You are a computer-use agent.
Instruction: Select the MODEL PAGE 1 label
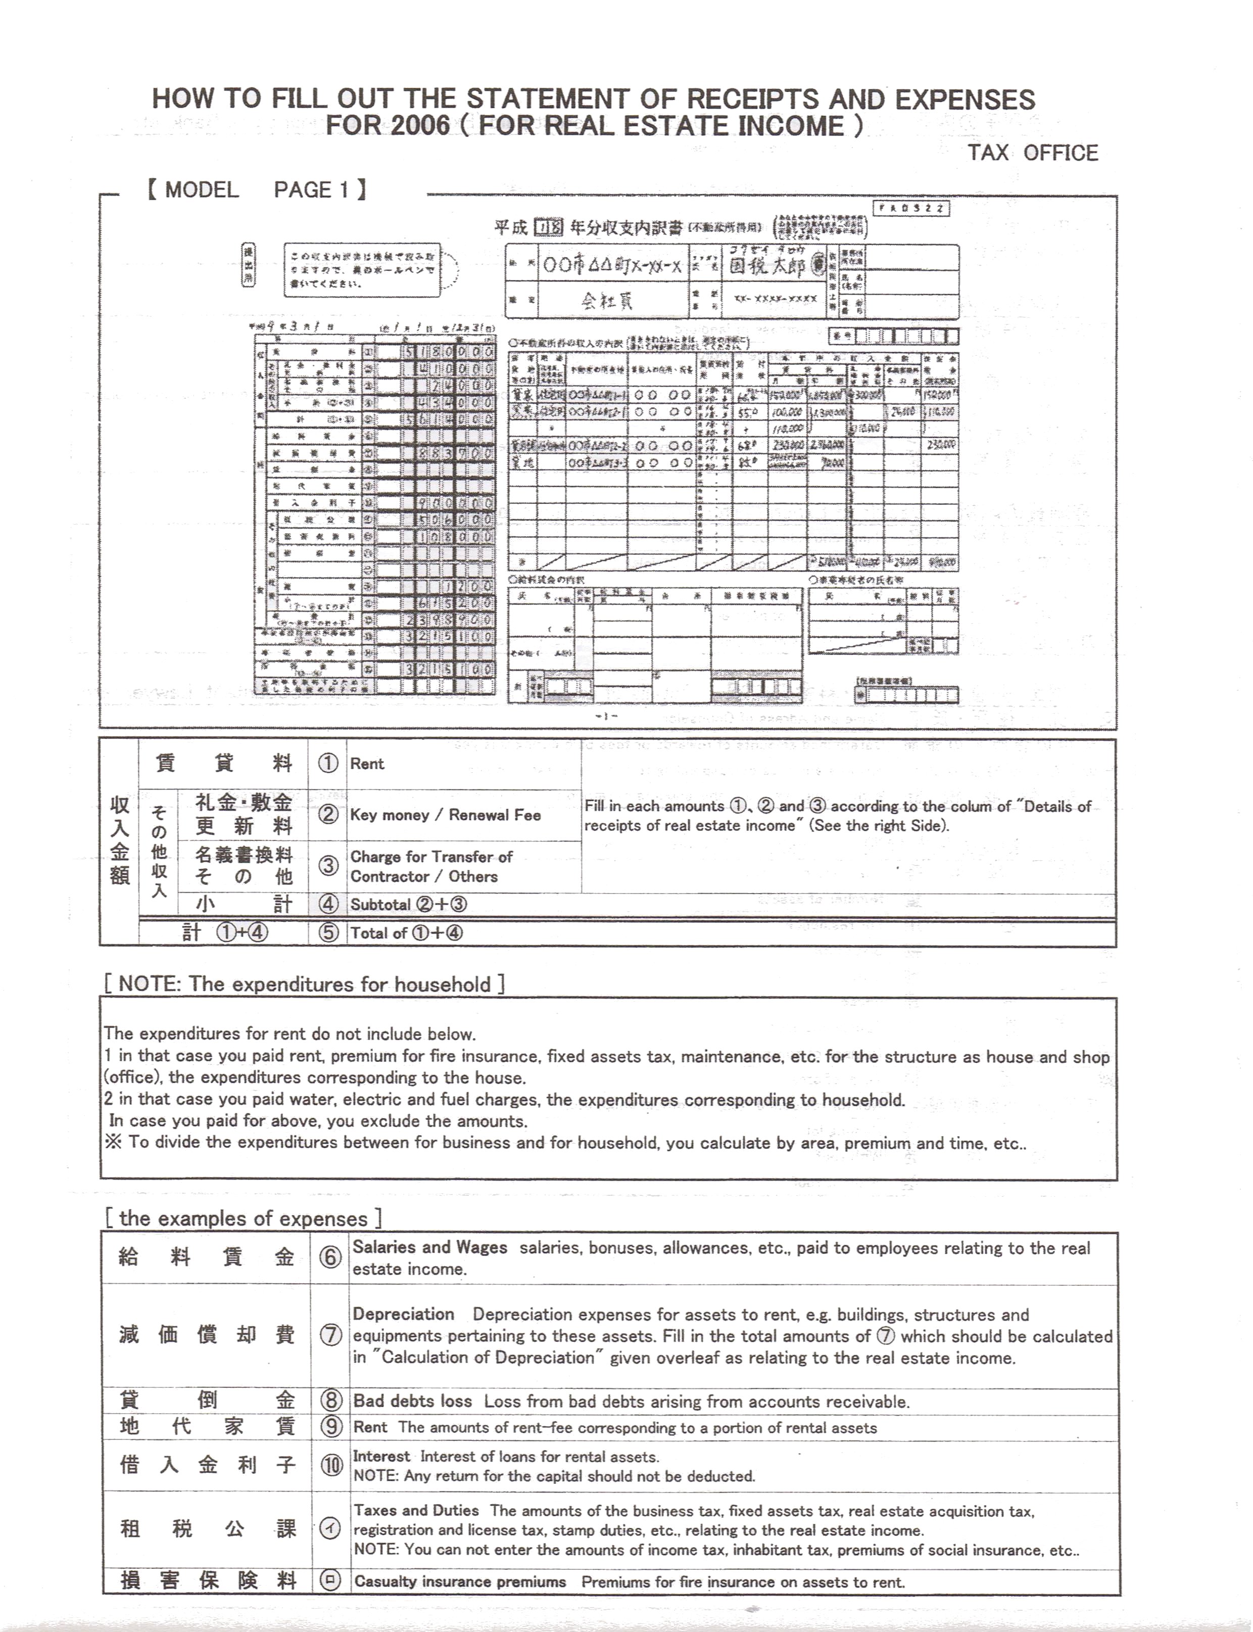pos(256,190)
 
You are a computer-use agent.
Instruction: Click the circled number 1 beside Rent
pos(328,763)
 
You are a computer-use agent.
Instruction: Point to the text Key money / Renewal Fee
pos(445,815)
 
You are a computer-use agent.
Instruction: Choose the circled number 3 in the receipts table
pos(328,866)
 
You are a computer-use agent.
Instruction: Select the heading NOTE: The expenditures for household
pos(304,985)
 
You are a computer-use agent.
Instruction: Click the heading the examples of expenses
pos(243,1219)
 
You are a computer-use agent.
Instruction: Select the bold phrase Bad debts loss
pos(412,1402)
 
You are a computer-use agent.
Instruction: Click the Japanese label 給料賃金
pos(206,1257)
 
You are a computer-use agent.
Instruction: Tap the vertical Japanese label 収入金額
pos(119,840)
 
